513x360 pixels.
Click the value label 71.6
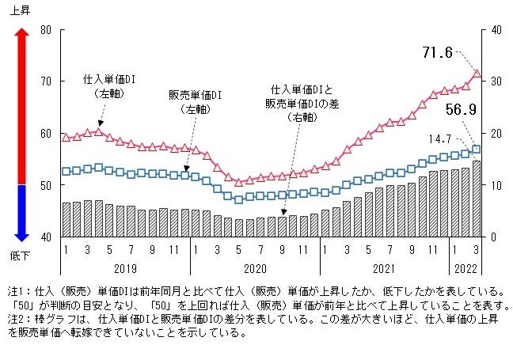coord(437,53)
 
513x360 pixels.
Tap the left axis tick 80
coord(46,30)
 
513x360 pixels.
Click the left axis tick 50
coord(46,185)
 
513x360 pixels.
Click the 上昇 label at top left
coord(21,9)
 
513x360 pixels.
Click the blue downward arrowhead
coord(21,233)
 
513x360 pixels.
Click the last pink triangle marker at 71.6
coord(477,74)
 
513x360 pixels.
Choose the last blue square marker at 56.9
coord(477,149)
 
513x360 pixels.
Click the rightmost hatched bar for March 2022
coord(477,199)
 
